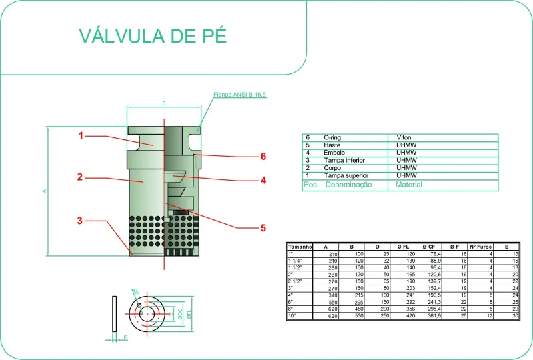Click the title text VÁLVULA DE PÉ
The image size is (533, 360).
pos(153,35)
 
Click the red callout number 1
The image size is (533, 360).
pos(80,135)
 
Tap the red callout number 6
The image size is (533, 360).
pos(263,156)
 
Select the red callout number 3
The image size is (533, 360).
pos(79,221)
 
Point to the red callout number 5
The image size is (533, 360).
pos(263,227)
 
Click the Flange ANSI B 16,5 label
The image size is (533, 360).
pos(239,95)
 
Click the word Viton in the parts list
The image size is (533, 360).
pos(404,137)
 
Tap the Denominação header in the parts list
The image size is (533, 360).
pos(348,185)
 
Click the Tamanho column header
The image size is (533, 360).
pos(300,247)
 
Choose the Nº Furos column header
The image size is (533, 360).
pos(481,247)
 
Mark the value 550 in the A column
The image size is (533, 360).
pos(332,301)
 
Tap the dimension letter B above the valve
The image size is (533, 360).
pos(163,103)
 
